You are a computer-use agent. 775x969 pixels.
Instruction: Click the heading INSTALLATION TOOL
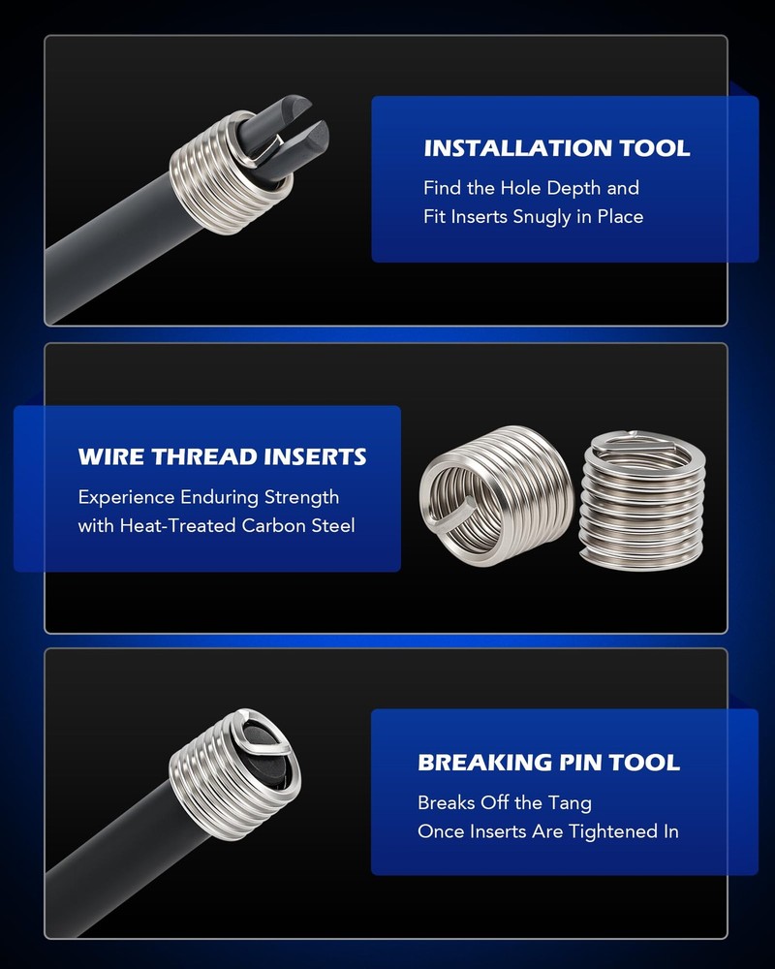point(557,148)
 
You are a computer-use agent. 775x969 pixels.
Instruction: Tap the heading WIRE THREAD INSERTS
point(223,456)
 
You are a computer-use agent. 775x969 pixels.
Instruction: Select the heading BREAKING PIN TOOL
point(549,762)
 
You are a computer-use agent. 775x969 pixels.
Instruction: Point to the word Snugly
point(542,217)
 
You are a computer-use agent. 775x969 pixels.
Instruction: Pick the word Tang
point(570,803)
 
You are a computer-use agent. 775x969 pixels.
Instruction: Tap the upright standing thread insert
point(641,501)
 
